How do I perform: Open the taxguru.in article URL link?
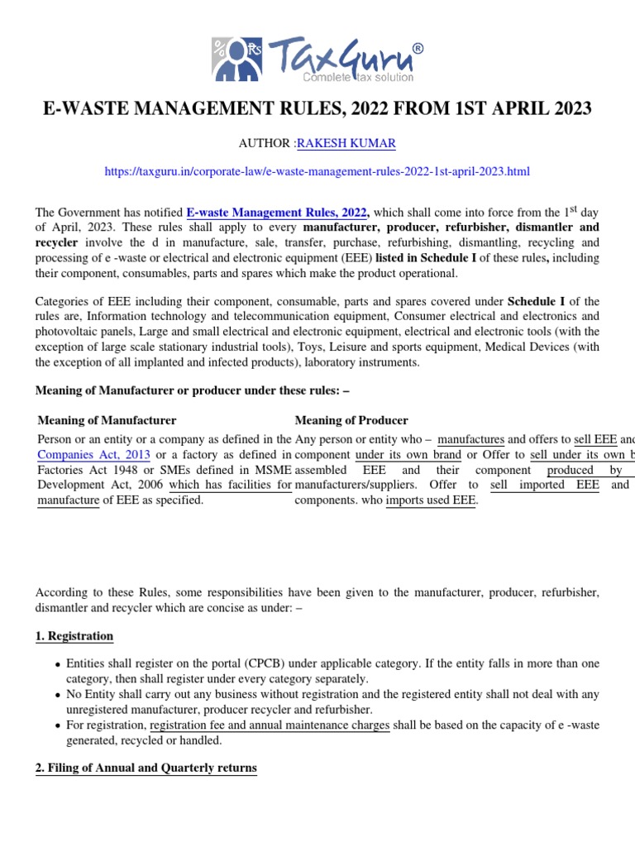click(317, 171)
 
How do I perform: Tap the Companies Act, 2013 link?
click(93, 454)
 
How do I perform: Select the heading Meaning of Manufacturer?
click(107, 420)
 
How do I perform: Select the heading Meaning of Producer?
click(351, 420)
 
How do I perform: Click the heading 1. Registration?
click(74, 636)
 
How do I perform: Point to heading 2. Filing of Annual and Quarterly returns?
click(146, 768)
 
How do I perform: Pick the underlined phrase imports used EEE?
click(431, 500)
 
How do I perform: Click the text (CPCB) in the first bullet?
click(266, 664)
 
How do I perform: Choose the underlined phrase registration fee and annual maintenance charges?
click(270, 725)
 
